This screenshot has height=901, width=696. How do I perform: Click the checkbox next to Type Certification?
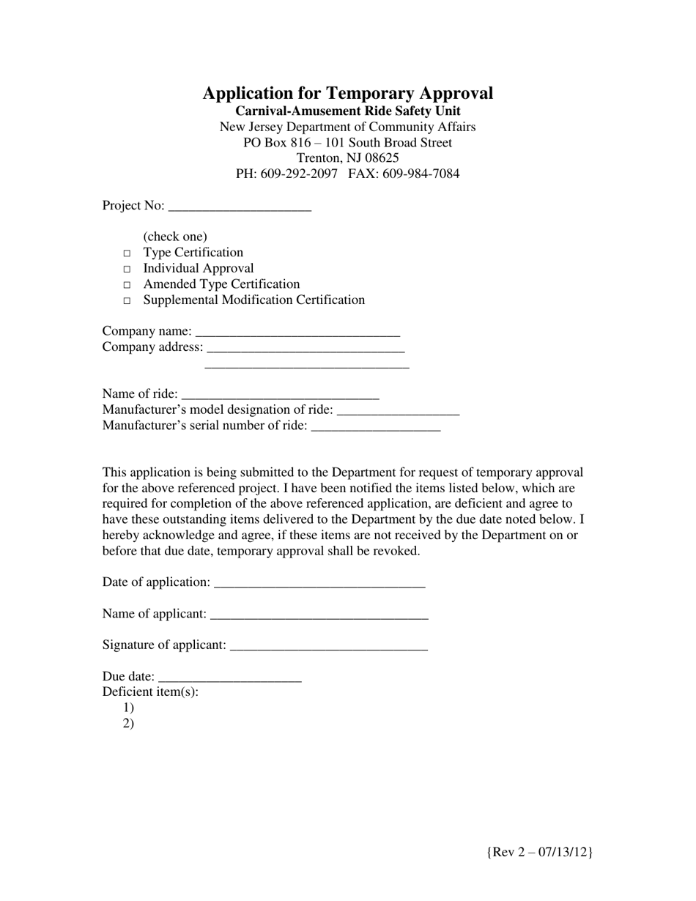[x=127, y=253]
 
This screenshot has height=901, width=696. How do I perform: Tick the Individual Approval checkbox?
[x=127, y=270]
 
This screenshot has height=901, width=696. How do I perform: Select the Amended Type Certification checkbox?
[x=127, y=285]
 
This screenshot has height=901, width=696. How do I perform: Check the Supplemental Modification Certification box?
[x=127, y=301]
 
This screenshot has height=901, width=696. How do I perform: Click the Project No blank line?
[x=240, y=207]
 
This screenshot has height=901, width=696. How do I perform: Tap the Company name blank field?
[x=298, y=333]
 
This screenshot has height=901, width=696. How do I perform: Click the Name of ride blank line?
[x=280, y=396]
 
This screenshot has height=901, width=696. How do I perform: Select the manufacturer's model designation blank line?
[x=398, y=411]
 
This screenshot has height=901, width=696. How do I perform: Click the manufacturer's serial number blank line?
[x=376, y=427]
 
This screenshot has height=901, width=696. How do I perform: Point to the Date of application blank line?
[x=319, y=584]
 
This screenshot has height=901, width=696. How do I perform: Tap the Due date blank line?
[x=229, y=678]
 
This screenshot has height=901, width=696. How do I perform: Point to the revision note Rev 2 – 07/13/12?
[x=539, y=852]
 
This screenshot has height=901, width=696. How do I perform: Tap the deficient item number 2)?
[x=129, y=724]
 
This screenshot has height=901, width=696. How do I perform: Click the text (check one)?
[x=175, y=237]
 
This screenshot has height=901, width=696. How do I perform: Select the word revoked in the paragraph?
[x=396, y=551]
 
